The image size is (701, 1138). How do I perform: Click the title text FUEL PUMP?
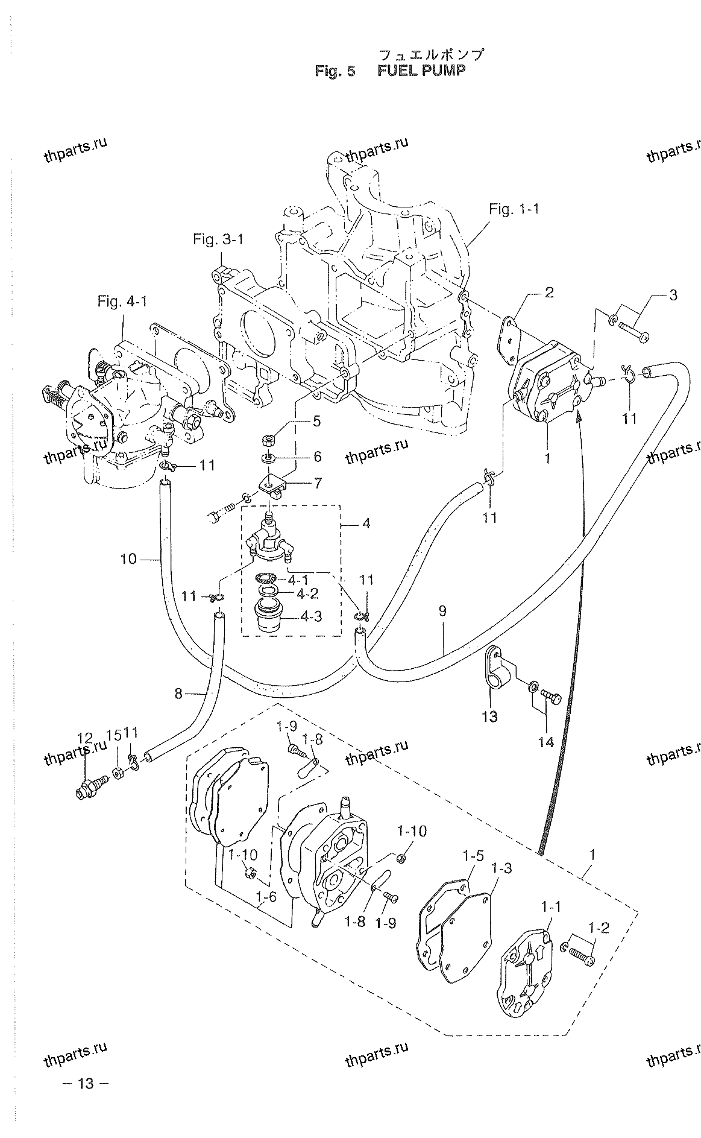click(421, 71)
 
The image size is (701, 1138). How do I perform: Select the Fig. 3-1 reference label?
click(218, 239)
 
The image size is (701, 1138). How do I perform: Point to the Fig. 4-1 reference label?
click(122, 301)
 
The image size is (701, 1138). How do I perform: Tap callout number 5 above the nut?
click(316, 420)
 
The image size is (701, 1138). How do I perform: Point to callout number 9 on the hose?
click(442, 611)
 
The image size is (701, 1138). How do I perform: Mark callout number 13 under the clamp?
click(489, 716)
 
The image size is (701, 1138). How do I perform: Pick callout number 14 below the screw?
click(545, 742)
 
